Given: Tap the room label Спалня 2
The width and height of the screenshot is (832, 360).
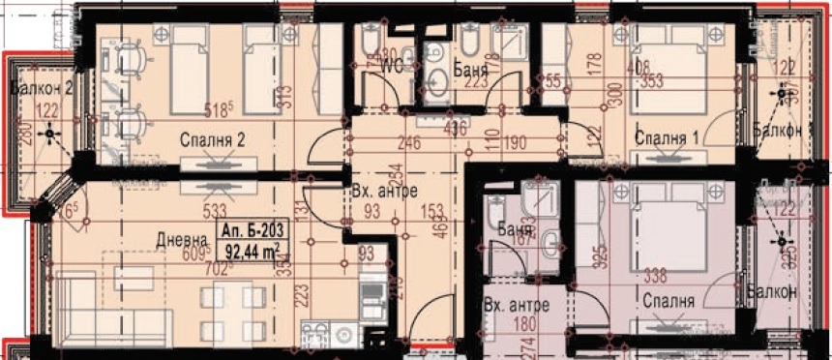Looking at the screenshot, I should click(212, 140).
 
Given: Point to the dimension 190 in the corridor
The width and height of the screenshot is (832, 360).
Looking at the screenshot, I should click(515, 144).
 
